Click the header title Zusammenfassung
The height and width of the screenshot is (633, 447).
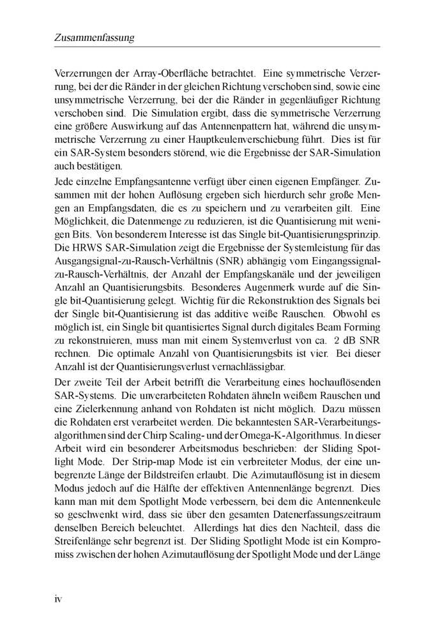[x=94, y=38]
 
